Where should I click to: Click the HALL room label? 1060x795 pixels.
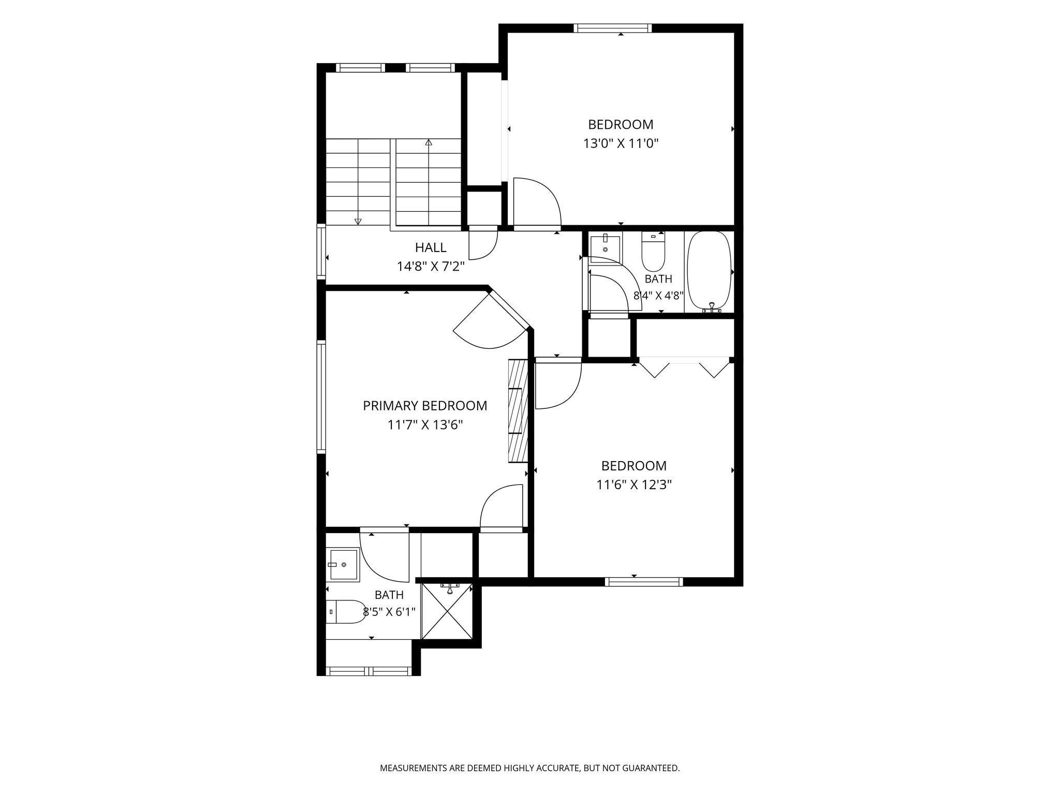[431, 247]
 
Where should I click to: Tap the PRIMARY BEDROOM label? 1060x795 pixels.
[425, 406]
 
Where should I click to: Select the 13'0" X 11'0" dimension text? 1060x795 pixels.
[621, 143]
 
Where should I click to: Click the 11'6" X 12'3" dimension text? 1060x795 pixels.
[634, 485]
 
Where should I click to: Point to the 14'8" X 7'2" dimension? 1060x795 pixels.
[431, 267]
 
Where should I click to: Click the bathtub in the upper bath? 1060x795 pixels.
[709, 271]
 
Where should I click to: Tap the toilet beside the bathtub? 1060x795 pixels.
[653, 252]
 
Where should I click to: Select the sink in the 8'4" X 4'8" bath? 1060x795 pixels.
[605, 245]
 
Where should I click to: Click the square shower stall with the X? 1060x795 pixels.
[447, 611]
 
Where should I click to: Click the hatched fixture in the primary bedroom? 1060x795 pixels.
[518, 410]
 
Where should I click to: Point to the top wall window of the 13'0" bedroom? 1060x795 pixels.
[612, 28]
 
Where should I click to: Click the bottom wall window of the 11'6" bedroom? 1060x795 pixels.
[644, 582]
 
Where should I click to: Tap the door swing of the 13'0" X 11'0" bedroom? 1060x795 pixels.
[537, 202]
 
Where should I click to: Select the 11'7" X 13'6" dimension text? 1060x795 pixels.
[425, 425]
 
